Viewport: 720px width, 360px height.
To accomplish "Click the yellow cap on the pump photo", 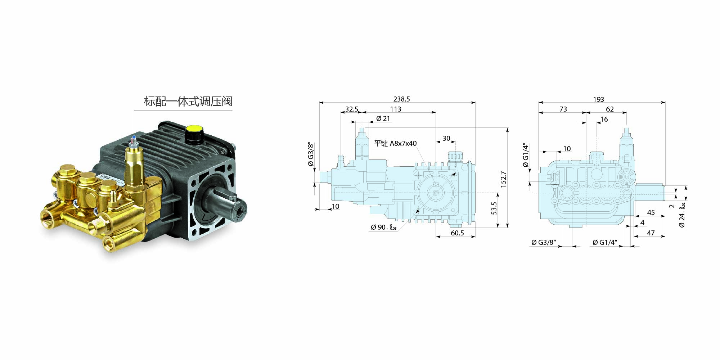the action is click(x=194, y=128).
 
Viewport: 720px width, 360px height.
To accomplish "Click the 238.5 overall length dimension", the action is click(x=401, y=99).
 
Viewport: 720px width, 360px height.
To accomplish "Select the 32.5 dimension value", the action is click(x=352, y=109).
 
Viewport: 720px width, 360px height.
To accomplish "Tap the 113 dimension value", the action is click(x=396, y=109).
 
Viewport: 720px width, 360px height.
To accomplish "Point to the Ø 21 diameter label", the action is click(x=383, y=118).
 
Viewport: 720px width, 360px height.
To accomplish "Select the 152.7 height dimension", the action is click(x=503, y=179).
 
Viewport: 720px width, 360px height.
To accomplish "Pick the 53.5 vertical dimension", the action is click(x=494, y=208).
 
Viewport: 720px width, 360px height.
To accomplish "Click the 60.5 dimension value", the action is click(x=457, y=233).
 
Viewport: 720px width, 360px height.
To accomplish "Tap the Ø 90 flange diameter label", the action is click(x=384, y=227).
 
